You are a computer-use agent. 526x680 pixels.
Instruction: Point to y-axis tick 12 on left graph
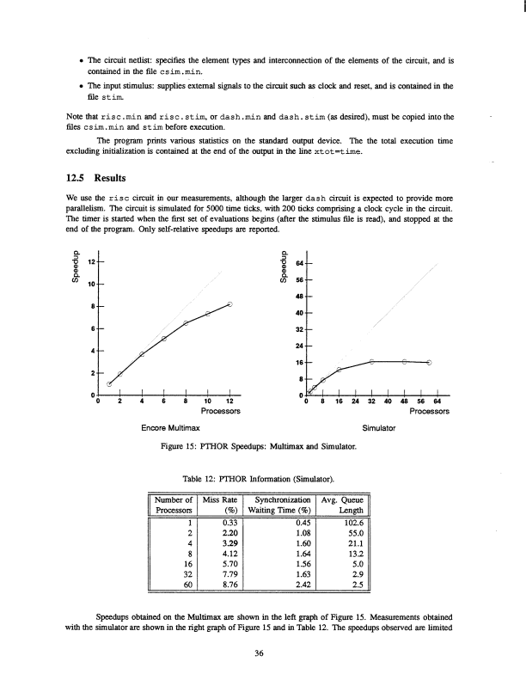[x=85, y=259]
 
